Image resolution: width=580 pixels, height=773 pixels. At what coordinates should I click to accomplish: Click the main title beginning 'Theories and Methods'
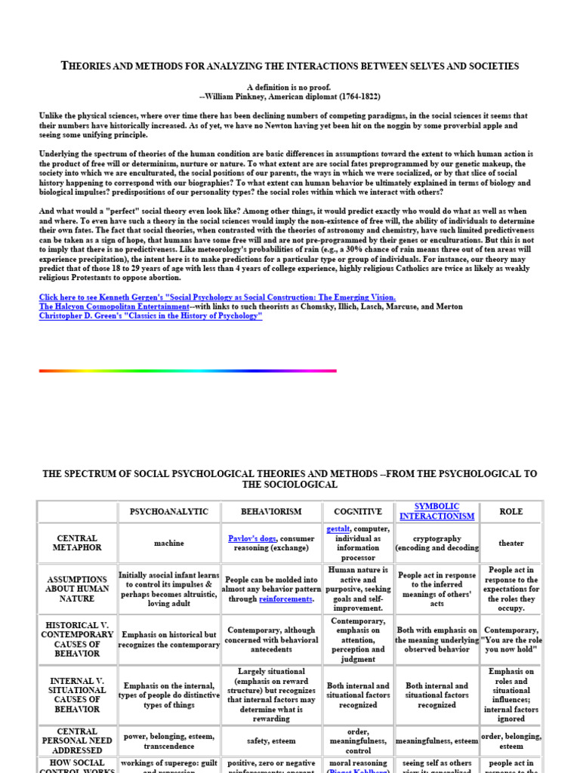point(289,66)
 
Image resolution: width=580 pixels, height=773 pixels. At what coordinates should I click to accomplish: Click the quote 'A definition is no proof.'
point(289,88)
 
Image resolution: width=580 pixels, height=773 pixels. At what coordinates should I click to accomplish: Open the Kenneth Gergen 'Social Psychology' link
point(217,297)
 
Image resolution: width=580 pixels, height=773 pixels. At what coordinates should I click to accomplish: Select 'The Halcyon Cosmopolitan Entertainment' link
point(114,306)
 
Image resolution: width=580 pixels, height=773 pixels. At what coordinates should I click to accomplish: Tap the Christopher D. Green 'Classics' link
point(150,316)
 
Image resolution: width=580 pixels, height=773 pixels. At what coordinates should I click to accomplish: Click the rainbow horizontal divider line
point(187,371)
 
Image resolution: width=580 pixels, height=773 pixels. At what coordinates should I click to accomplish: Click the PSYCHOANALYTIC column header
point(169,512)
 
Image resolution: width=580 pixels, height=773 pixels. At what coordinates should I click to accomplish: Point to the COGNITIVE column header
point(358,512)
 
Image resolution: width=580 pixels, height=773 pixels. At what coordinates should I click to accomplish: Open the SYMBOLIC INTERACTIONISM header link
point(437,511)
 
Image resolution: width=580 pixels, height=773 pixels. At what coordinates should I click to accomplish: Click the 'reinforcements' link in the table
point(285,599)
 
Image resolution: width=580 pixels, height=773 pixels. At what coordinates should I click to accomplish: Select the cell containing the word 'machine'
point(169,543)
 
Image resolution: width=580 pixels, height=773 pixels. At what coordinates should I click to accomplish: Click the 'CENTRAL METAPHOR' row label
point(77,543)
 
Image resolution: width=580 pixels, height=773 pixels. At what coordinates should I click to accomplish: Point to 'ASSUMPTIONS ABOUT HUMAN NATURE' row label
point(77,588)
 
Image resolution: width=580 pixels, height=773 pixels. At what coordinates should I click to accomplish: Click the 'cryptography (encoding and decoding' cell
point(437,544)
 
